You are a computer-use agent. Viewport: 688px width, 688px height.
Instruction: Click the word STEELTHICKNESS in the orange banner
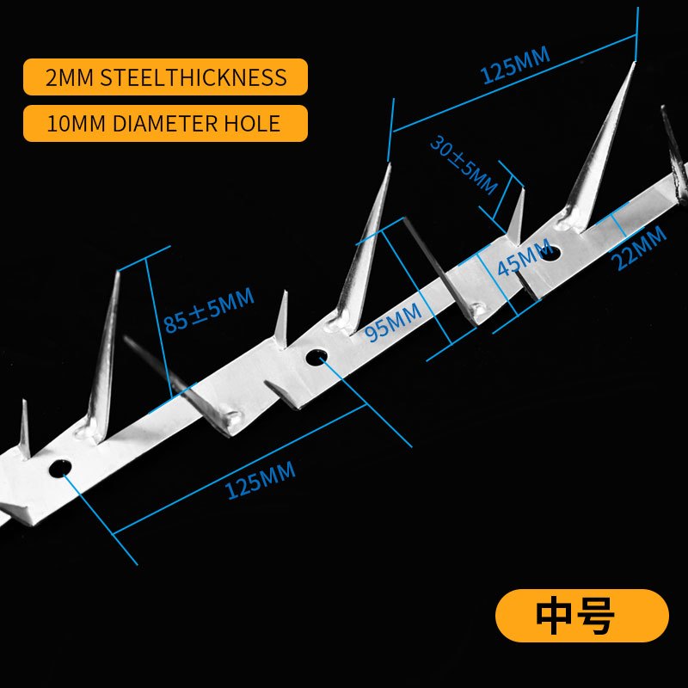pos(193,77)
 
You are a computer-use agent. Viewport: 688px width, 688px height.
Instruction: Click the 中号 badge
pos(581,616)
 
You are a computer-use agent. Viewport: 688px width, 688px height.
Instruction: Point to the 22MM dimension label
pos(640,247)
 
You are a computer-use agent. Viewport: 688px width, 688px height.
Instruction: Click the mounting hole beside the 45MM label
pos(550,253)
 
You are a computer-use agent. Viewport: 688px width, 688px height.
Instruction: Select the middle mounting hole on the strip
pos(317,356)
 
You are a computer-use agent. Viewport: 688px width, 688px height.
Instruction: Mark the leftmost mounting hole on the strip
pos(60,468)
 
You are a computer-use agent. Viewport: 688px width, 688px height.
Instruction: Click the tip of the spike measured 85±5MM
pos(118,273)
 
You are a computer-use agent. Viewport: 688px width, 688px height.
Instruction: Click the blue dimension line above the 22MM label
pos(621,226)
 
